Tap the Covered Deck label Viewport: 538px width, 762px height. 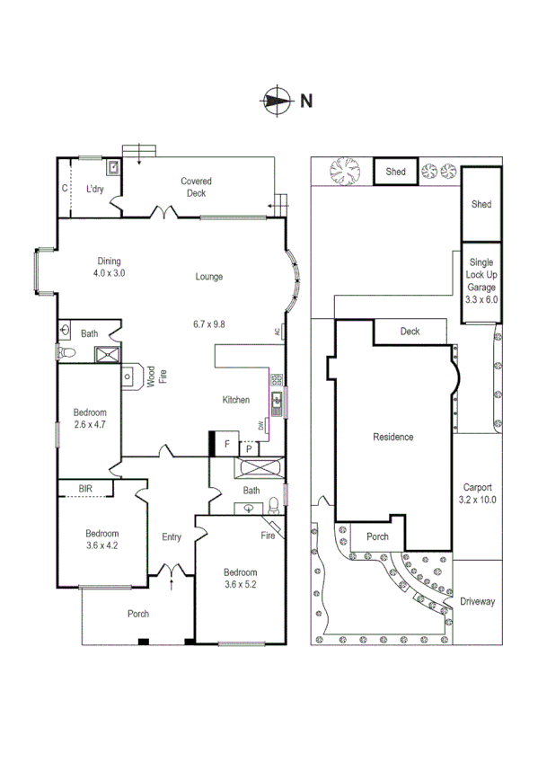pyautogui.click(x=196, y=187)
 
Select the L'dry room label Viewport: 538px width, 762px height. pyautogui.click(x=94, y=190)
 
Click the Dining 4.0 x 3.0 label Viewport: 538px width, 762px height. pyautogui.click(x=110, y=267)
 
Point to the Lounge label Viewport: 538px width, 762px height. pyautogui.click(x=209, y=277)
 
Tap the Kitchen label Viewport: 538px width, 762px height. pyautogui.click(x=236, y=400)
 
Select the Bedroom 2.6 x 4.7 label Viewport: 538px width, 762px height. pyautogui.click(x=90, y=419)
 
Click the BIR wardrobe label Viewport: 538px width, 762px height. pyautogui.click(x=85, y=488)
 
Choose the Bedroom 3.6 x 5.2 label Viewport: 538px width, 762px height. pyautogui.click(x=241, y=578)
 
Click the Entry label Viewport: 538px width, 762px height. pyautogui.click(x=172, y=537)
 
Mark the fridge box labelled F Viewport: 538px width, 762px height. pyautogui.click(x=227, y=444)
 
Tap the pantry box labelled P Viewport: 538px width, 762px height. pyautogui.click(x=248, y=448)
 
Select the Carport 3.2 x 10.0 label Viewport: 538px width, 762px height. pyautogui.click(x=477, y=494)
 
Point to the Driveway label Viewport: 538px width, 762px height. pyautogui.click(x=477, y=601)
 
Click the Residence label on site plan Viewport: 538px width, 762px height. pyautogui.click(x=392, y=438)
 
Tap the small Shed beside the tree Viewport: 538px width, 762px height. pyautogui.click(x=396, y=172)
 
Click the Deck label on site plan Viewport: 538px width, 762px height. pyautogui.click(x=410, y=332)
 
